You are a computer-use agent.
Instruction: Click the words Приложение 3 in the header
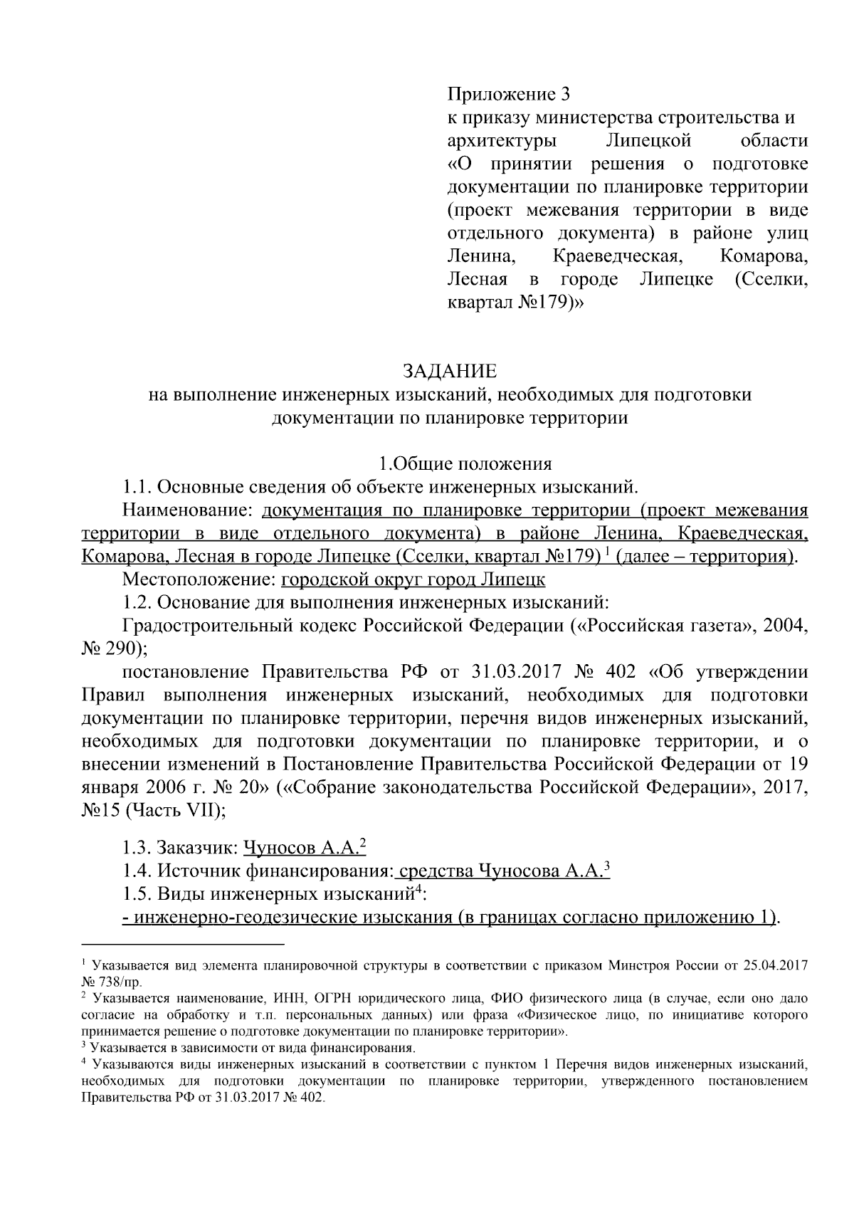click(509, 94)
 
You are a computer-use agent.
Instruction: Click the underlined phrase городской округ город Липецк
click(413, 579)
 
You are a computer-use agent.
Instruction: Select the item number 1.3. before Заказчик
click(137, 848)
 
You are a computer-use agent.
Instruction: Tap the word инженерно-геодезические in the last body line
click(242, 917)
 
